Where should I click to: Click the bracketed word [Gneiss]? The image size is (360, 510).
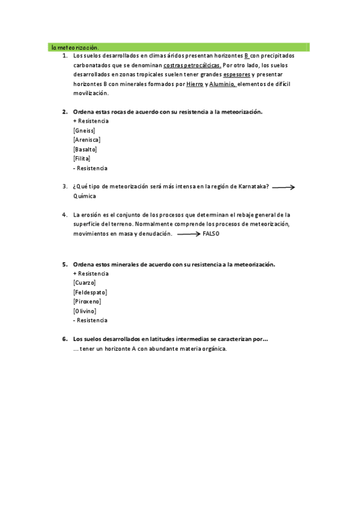click(x=84, y=131)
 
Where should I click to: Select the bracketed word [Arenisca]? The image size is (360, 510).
click(x=87, y=140)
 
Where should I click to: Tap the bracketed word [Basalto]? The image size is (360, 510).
click(x=85, y=149)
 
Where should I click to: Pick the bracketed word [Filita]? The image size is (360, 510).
click(x=81, y=159)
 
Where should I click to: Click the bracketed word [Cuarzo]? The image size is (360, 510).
click(x=84, y=283)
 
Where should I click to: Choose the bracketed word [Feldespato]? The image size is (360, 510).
click(x=90, y=292)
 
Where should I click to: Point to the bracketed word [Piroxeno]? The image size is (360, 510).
click(x=87, y=301)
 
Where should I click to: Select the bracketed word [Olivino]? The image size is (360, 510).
click(x=84, y=311)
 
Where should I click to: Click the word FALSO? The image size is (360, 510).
click(x=212, y=233)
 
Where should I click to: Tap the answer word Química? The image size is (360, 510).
click(x=84, y=196)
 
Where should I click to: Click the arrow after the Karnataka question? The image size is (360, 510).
click(x=283, y=188)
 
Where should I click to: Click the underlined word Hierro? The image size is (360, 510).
click(x=195, y=84)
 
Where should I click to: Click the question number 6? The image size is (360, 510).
click(x=65, y=339)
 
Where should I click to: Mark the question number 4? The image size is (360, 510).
click(x=65, y=215)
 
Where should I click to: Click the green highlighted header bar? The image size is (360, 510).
click(x=178, y=46)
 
